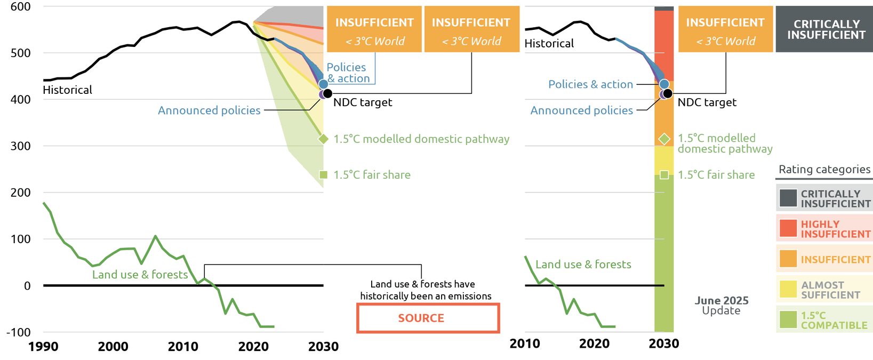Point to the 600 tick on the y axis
[21, 7]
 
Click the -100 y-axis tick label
[18, 332]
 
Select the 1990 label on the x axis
[43, 347]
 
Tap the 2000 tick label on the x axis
[113, 347]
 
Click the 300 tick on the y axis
[21, 146]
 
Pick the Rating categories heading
[824, 170]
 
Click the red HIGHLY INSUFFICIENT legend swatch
[788, 228]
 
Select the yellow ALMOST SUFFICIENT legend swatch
[788, 289]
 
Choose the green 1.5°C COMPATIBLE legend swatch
[788, 319]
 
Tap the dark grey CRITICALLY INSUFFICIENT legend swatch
[788, 198]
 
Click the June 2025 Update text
[721, 306]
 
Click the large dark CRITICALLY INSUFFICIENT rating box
[824, 29]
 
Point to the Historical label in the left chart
[67, 90]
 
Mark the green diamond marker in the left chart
[323, 139]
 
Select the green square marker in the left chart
[323, 175]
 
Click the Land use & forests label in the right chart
[583, 265]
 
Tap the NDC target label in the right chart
[707, 102]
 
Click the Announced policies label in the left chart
[209, 110]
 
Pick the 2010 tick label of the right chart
[525, 344]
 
